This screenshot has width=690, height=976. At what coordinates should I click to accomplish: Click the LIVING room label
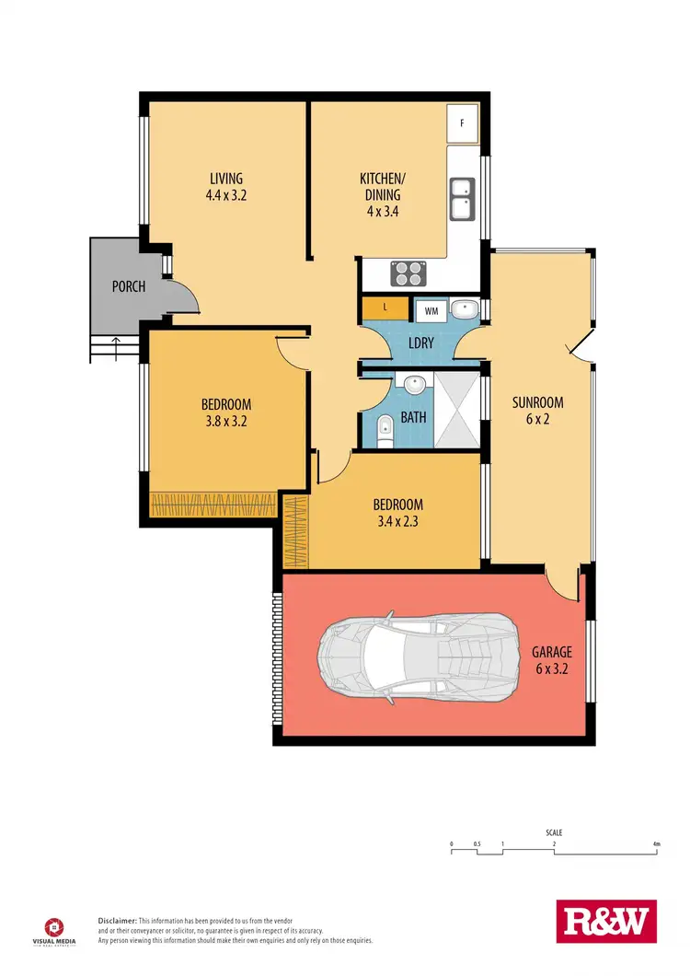(225, 178)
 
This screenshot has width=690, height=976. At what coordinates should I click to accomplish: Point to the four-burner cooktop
(409, 273)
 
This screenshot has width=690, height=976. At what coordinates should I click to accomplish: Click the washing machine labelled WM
(431, 310)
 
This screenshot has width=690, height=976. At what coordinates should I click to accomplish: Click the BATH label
(414, 417)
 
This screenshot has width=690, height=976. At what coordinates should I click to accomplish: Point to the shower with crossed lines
(456, 411)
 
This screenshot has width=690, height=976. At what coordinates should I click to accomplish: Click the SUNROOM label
(537, 402)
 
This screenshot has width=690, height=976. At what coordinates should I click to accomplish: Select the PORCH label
(129, 286)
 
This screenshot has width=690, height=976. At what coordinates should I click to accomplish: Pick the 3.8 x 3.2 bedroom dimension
(225, 422)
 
